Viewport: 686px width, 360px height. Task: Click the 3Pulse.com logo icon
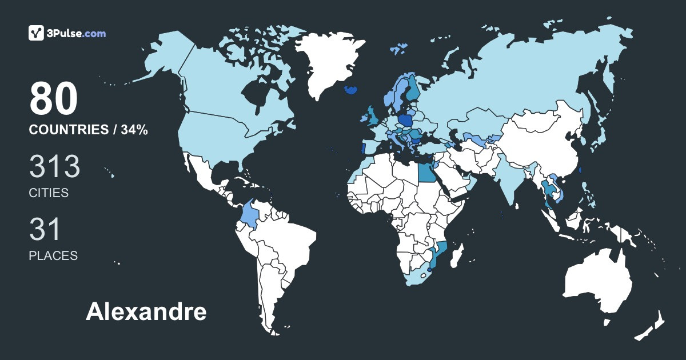37,33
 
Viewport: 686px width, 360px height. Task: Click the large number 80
53,98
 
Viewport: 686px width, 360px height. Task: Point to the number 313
54,167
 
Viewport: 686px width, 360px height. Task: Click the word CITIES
49,193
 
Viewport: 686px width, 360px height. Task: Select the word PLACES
53,256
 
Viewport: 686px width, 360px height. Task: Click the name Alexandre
146,312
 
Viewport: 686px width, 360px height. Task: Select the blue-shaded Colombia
250,214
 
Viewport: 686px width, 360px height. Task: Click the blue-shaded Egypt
426,170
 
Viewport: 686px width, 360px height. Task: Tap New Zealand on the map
652,326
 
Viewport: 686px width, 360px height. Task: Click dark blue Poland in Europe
406,121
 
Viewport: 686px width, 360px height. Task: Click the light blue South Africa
417,279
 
